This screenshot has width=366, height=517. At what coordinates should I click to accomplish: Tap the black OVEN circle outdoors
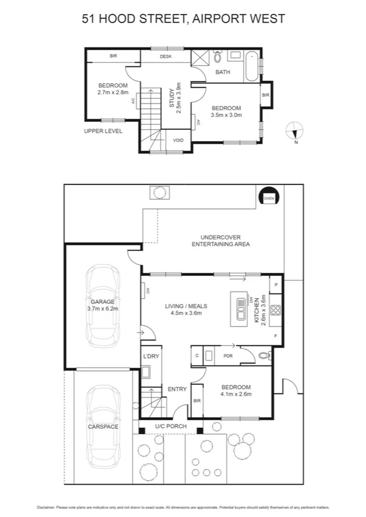coord(268,197)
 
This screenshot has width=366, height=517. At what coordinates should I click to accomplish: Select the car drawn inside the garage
coord(104,303)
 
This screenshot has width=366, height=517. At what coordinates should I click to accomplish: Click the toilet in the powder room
coord(263,354)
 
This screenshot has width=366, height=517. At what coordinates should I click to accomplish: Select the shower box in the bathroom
coord(200,58)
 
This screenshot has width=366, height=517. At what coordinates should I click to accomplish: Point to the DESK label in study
coord(166,57)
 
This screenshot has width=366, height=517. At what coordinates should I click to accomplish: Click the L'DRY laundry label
coord(150,356)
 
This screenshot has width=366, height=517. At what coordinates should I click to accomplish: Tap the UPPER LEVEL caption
coord(104,131)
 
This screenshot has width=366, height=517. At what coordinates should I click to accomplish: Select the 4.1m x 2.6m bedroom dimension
coord(236,393)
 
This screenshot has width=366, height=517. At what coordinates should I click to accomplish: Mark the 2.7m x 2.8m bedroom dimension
coord(113,93)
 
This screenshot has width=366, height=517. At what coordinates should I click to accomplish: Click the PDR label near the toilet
coord(229,356)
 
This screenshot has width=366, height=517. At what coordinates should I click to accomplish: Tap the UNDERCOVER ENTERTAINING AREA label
coord(221,241)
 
